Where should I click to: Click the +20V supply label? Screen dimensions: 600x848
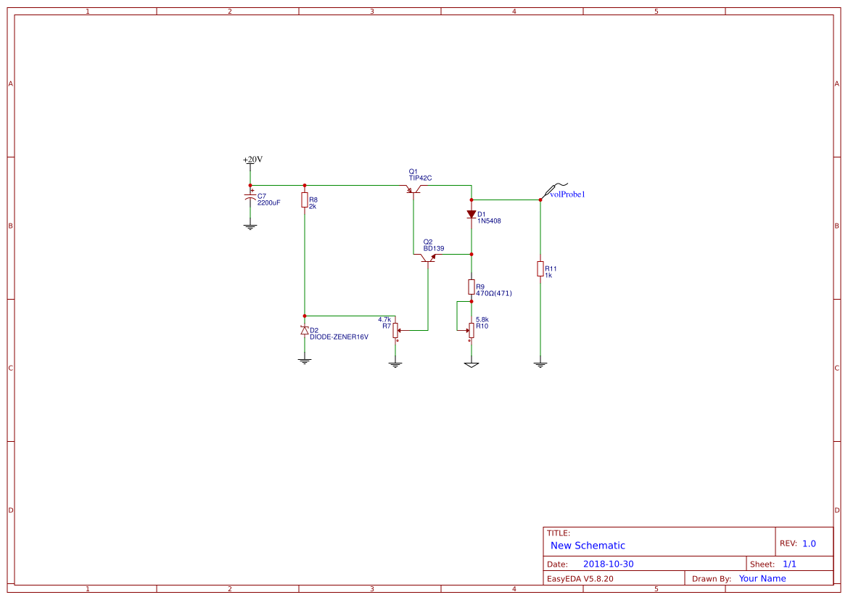[x=252, y=160]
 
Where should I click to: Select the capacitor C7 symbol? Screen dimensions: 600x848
[x=250, y=197]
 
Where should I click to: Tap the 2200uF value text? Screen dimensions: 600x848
[x=268, y=203]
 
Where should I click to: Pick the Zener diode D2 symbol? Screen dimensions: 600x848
[x=305, y=330]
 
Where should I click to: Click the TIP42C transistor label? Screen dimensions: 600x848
[x=420, y=178]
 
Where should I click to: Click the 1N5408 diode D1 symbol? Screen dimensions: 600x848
[x=472, y=215]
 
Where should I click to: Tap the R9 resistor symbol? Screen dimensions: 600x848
[x=472, y=287]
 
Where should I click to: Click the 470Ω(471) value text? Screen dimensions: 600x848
[x=494, y=294]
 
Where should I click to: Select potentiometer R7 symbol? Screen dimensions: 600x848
[x=395, y=329]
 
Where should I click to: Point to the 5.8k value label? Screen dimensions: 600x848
[x=482, y=319]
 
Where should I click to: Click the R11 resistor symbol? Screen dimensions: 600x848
[x=540, y=269]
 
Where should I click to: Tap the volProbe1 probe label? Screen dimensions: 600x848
[x=567, y=194]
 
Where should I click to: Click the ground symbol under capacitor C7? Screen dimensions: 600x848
[x=250, y=226]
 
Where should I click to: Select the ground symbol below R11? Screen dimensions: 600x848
[x=540, y=364]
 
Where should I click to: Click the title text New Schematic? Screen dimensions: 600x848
[x=588, y=546]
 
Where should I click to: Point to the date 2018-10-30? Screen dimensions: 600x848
[x=608, y=564]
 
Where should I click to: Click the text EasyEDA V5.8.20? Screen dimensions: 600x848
[x=580, y=579]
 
